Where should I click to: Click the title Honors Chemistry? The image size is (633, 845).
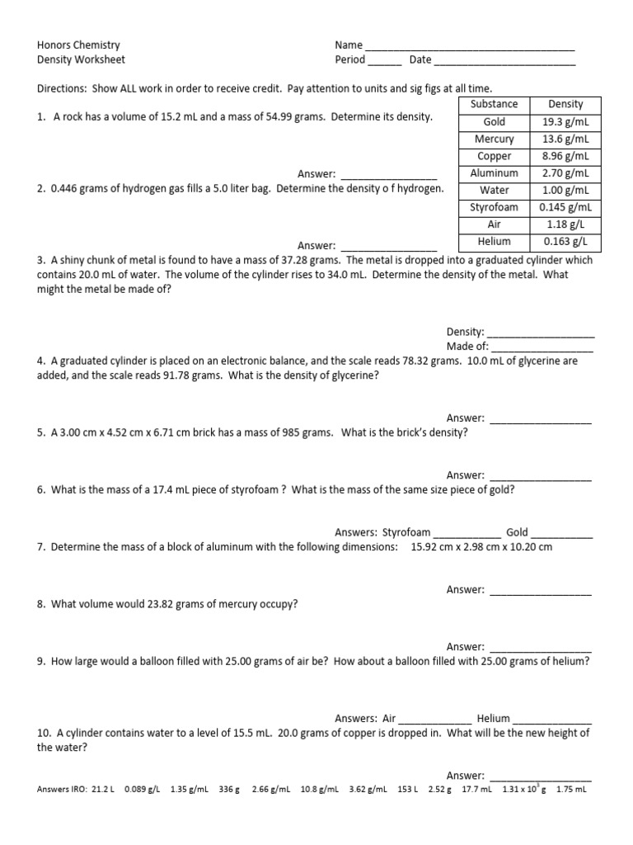tap(79, 45)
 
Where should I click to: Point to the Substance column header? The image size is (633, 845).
tap(495, 104)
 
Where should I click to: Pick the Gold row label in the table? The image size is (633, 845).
tap(495, 121)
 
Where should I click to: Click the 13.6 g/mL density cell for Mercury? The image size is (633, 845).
tap(565, 139)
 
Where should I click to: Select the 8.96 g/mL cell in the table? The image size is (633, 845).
tap(565, 156)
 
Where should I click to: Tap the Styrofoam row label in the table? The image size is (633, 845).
tap(495, 207)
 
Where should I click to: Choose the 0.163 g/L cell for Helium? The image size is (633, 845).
tap(565, 242)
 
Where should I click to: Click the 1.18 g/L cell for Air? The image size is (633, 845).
tap(565, 224)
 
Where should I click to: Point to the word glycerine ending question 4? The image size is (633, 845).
tap(353, 375)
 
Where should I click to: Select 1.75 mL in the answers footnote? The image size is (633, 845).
tap(571, 789)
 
